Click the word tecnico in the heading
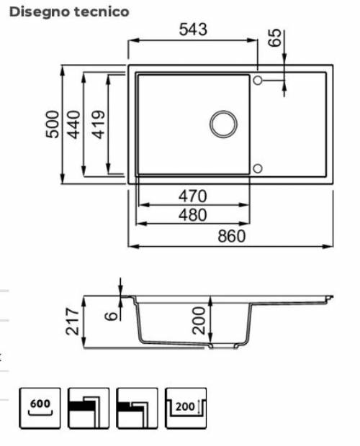[x=101, y=12]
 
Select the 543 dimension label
[x=193, y=29]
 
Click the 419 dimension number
[x=99, y=124]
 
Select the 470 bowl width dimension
[x=193, y=196]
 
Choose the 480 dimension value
[x=193, y=214]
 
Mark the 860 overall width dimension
[x=231, y=236]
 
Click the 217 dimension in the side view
[x=71, y=321]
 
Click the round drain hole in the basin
[x=223, y=123]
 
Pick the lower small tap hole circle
[x=258, y=168]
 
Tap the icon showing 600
[x=40, y=408]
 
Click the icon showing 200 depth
[x=185, y=408]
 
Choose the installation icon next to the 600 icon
[x=88, y=408]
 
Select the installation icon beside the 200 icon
[x=137, y=408]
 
